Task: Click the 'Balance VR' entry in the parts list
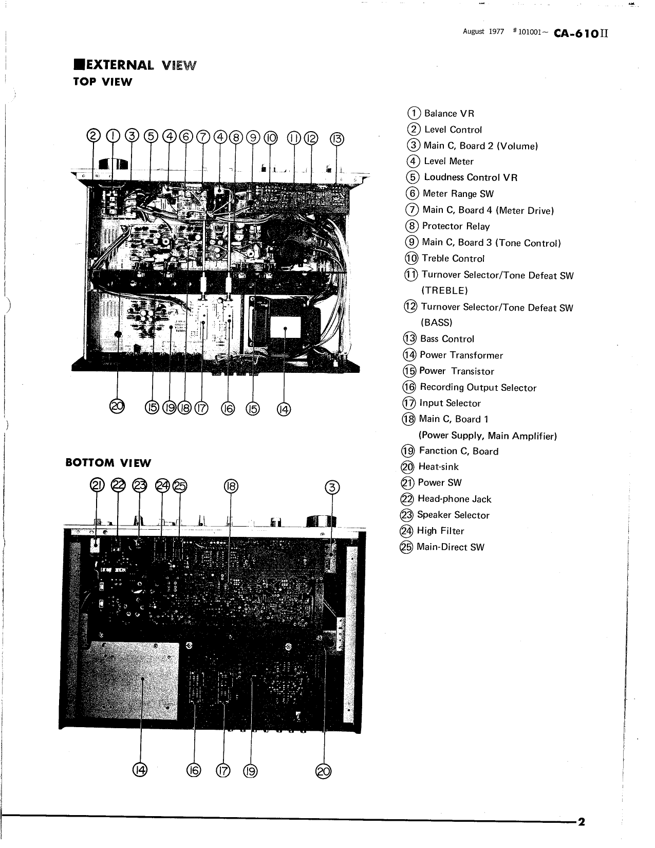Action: (448, 114)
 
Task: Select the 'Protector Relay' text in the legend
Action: (455, 226)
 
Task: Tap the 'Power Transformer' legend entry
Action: (461, 355)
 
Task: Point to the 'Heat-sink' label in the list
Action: (438, 467)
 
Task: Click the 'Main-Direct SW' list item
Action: (450, 548)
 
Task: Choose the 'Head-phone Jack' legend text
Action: (454, 499)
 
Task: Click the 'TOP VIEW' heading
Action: (103, 82)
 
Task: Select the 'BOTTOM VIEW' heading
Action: (108, 463)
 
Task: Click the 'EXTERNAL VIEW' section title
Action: (135, 65)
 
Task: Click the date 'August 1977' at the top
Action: (483, 32)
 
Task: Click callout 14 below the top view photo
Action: (284, 409)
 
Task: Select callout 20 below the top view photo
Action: (118, 407)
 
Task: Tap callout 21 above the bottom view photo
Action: (97, 485)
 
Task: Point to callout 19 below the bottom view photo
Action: (250, 771)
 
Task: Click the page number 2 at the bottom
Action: (582, 821)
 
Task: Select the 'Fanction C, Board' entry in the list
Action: (458, 452)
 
